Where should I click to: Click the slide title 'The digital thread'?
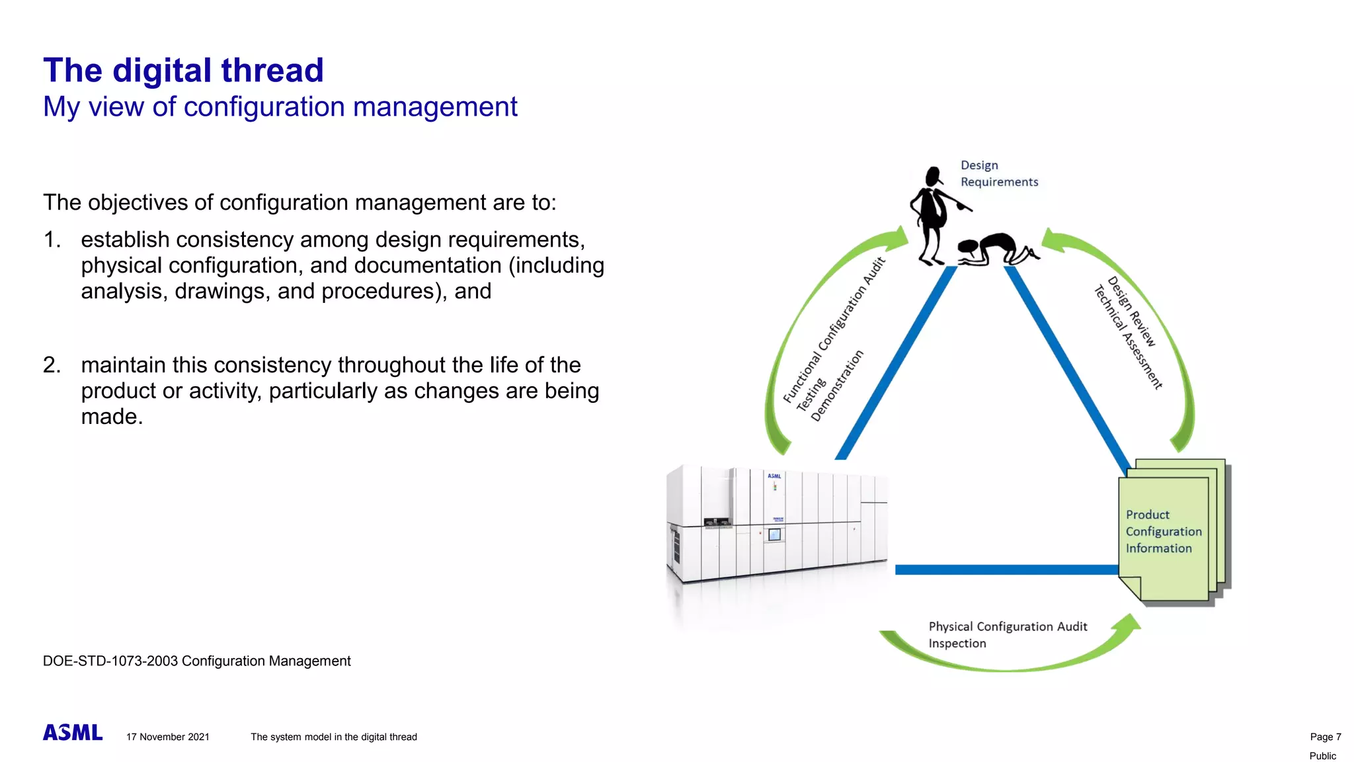tap(183, 70)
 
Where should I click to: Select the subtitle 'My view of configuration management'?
tap(280, 106)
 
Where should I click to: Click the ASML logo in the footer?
tap(73, 732)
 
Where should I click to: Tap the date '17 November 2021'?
tap(168, 737)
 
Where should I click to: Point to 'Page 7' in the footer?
tap(1325, 737)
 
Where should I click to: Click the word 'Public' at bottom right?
tap(1322, 755)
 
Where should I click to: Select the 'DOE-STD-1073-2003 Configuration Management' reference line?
tap(196, 661)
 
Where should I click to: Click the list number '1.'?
tap(52, 239)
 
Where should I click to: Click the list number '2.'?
tap(52, 365)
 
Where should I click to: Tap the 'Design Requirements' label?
tap(998, 173)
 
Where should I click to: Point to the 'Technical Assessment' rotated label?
tap(1127, 337)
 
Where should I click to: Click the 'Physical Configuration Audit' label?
tap(1008, 626)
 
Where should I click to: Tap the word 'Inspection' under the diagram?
tap(957, 644)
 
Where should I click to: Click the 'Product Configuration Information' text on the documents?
tap(1163, 531)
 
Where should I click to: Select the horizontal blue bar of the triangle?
tap(1005, 570)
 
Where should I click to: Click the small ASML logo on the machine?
tap(774, 476)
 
